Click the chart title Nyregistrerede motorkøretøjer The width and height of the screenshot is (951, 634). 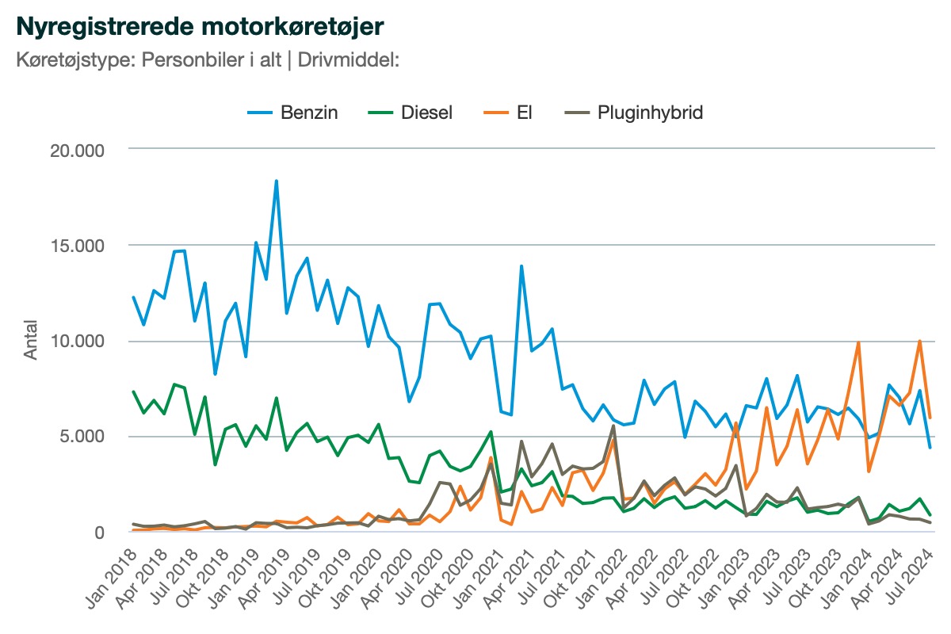point(200,26)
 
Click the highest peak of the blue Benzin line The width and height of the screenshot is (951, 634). point(276,181)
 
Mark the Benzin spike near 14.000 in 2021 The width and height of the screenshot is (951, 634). point(521,266)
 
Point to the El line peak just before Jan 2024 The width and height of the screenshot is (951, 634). point(858,342)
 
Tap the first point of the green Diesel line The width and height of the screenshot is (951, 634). point(133,391)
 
